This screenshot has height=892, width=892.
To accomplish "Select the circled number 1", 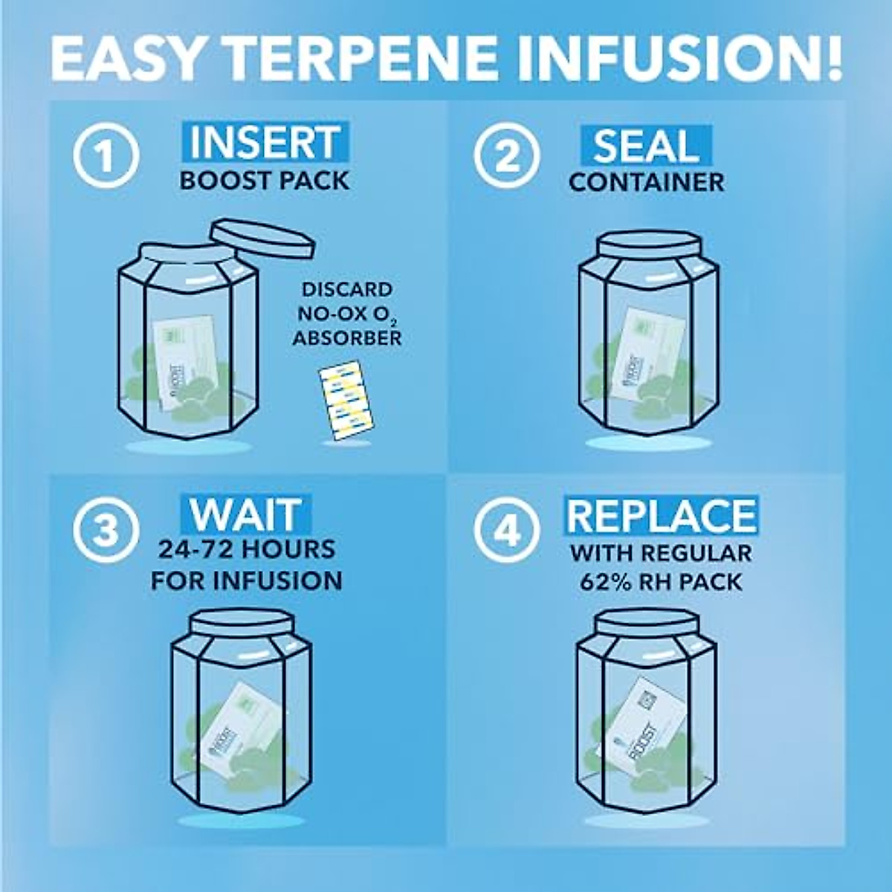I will click(x=106, y=157).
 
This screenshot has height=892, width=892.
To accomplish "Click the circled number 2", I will click(x=507, y=157).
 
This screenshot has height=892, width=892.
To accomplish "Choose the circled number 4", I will click(x=507, y=531).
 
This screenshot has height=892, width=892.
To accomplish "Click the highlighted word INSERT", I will click(x=264, y=143).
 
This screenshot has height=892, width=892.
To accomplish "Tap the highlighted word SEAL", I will click(x=645, y=145).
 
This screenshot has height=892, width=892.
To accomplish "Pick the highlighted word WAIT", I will click(x=246, y=514).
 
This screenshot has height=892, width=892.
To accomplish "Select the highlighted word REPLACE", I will click(x=660, y=514).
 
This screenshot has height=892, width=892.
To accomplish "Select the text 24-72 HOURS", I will click(x=246, y=549).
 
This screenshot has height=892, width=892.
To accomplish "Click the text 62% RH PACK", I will click(x=660, y=581).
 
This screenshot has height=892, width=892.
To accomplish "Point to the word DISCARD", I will click(x=346, y=290).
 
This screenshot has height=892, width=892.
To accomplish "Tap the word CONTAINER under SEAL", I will click(x=646, y=181).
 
